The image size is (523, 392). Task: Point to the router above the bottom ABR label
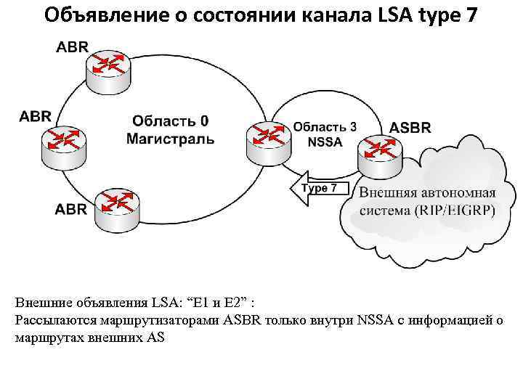118,202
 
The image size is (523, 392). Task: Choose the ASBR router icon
379,152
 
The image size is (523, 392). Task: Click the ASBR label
410,127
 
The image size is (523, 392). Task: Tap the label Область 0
171,121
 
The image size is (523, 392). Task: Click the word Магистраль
171,137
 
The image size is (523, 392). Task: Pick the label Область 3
325,126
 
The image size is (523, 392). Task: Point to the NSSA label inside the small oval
325,142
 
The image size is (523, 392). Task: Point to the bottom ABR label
71,209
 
